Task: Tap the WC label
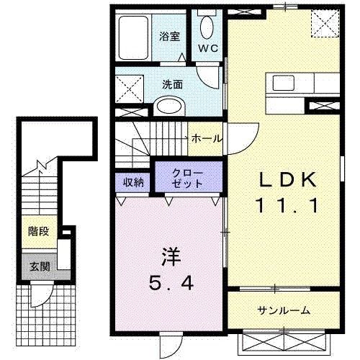click(209, 49)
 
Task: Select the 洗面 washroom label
click(173, 84)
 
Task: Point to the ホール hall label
click(207, 138)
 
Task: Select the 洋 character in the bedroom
click(169, 256)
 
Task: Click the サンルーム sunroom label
click(284, 310)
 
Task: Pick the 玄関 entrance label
click(38, 266)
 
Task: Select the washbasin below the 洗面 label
click(169, 108)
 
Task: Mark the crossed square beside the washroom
click(131, 89)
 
